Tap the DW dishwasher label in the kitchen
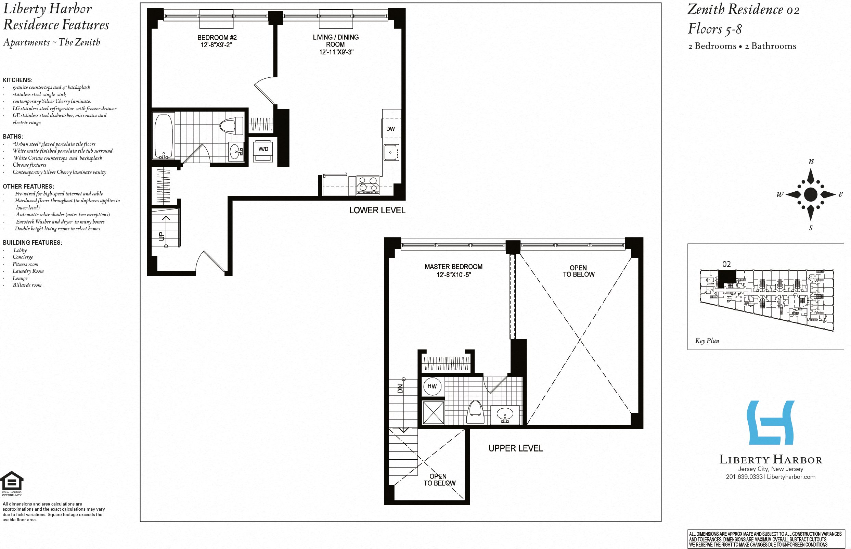390,129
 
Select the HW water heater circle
432,386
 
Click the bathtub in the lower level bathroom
164,136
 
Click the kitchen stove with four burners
368,186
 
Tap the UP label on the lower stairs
162,236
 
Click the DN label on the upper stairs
400,388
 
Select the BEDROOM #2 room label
217,37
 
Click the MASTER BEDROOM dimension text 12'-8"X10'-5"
454,274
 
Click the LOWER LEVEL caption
377,210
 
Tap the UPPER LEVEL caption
515,448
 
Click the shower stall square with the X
433,412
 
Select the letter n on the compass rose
811,161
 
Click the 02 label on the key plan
726,264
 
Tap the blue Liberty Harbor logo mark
771,422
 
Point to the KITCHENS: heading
17,80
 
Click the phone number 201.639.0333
744,477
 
